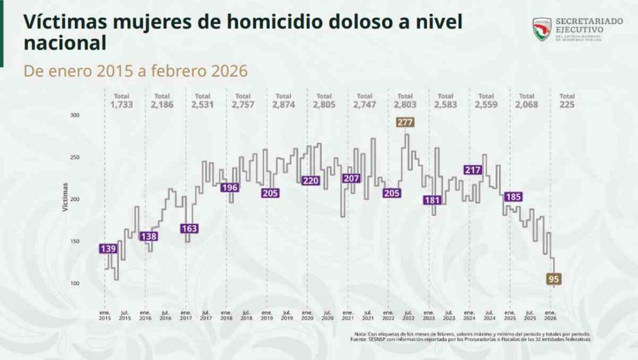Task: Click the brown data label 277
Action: tap(405, 122)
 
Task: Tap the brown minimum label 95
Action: tap(554, 279)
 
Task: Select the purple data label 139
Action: tap(109, 249)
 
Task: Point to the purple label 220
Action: tap(311, 181)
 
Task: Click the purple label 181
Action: tap(432, 200)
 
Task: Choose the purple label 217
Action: tap(472, 170)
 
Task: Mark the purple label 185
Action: tap(513, 197)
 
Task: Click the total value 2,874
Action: tap(284, 105)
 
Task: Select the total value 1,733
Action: tap(121, 105)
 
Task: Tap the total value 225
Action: tap(567, 105)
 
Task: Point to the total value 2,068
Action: tap(526, 105)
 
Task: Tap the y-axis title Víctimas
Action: tap(66, 197)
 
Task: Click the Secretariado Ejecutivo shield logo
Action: tap(542, 29)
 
